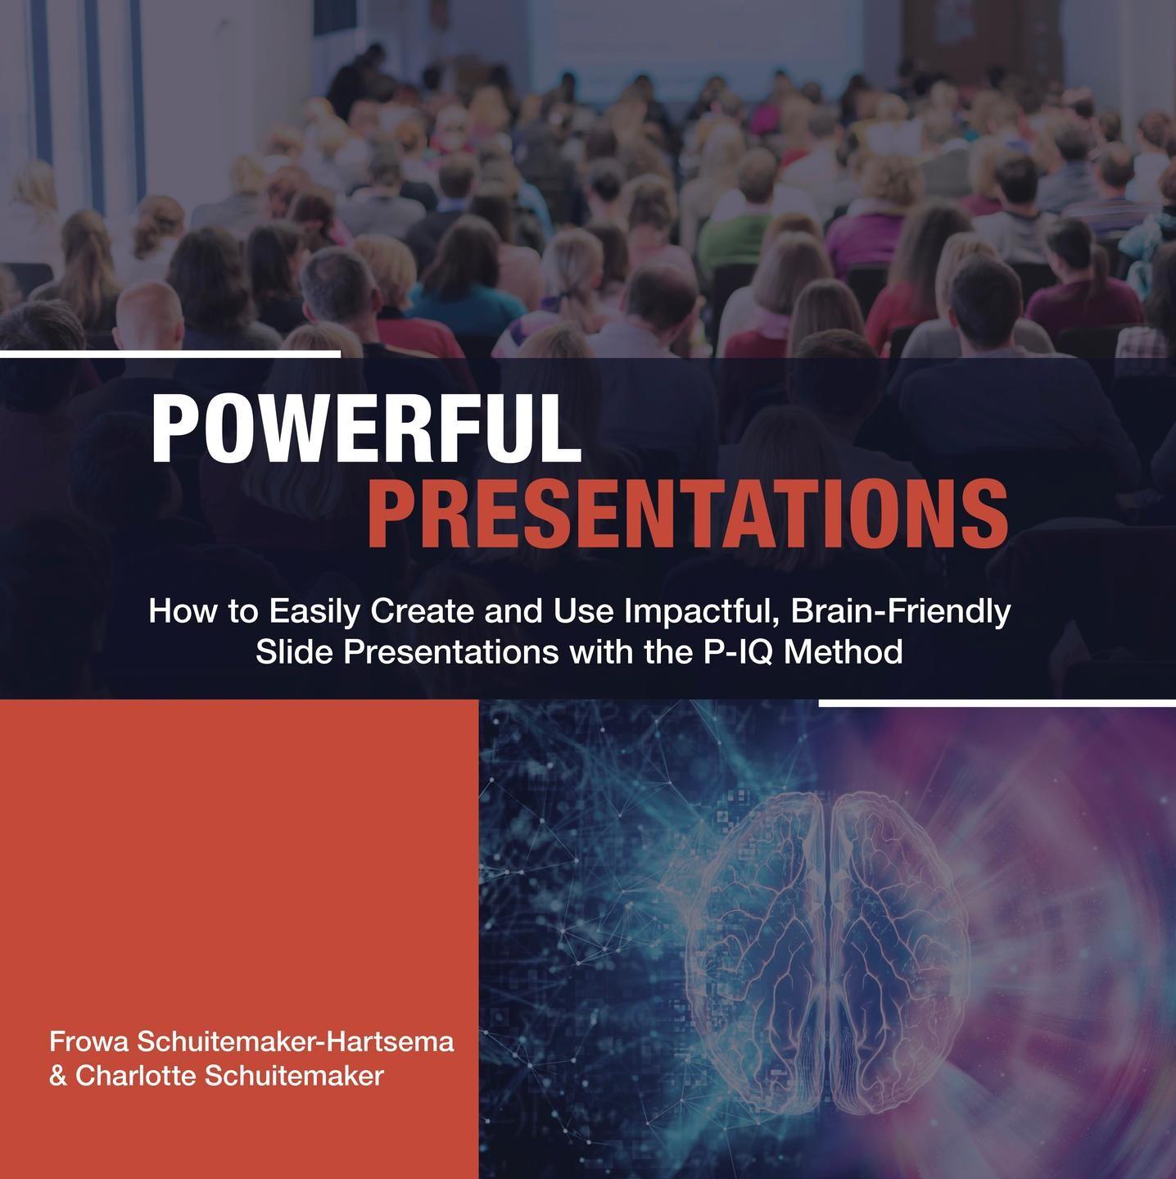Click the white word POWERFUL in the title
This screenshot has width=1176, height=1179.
tap(366, 428)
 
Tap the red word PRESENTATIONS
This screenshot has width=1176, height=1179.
tap(687, 514)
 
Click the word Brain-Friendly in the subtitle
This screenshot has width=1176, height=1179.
tap(901, 613)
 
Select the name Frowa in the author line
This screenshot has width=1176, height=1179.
tap(88, 1041)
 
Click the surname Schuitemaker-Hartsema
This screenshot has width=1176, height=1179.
tap(296, 1041)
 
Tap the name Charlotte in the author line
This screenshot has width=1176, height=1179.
tap(139, 1076)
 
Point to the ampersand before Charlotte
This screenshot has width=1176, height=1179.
tap(58, 1076)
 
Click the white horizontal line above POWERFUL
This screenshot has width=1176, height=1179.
tap(170, 354)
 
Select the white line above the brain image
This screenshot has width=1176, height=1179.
tap(997, 704)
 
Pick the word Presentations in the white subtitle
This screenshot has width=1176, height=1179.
tap(450, 651)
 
